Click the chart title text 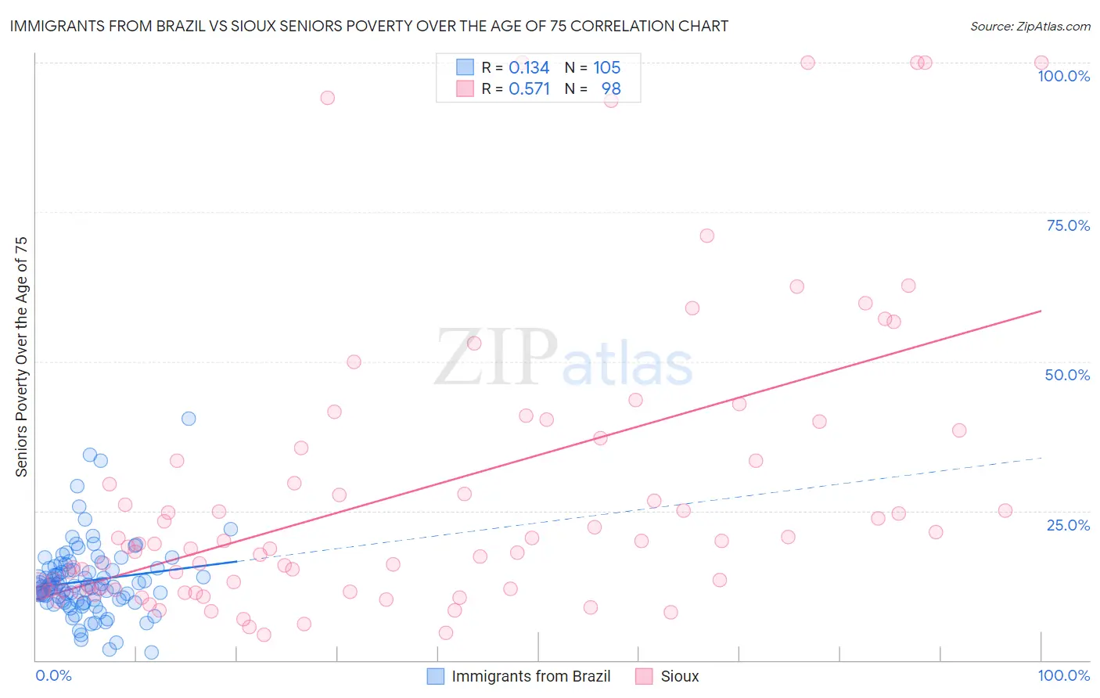(x=368, y=27)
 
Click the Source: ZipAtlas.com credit (x=1030, y=27)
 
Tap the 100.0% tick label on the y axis (x=1063, y=76)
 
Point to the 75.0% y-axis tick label (x=1068, y=225)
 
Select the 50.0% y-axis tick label (x=1067, y=375)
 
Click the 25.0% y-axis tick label (x=1068, y=524)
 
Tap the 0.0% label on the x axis (x=53, y=675)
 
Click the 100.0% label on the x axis (x=1063, y=675)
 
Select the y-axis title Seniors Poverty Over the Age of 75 (x=22, y=356)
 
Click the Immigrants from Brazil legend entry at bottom (x=530, y=676)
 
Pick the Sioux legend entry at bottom (x=679, y=676)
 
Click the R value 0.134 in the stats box (x=529, y=68)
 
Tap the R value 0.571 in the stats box (x=529, y=89)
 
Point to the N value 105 (x=606, y=68)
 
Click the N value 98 (x=611, y=89)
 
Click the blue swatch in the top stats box (x=465, y=67)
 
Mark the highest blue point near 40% (x=189, y=419)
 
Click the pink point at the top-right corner (x=1041, y=63)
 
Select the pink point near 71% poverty (x=707, y=236)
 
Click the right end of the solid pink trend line (x=1041, y=311)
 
